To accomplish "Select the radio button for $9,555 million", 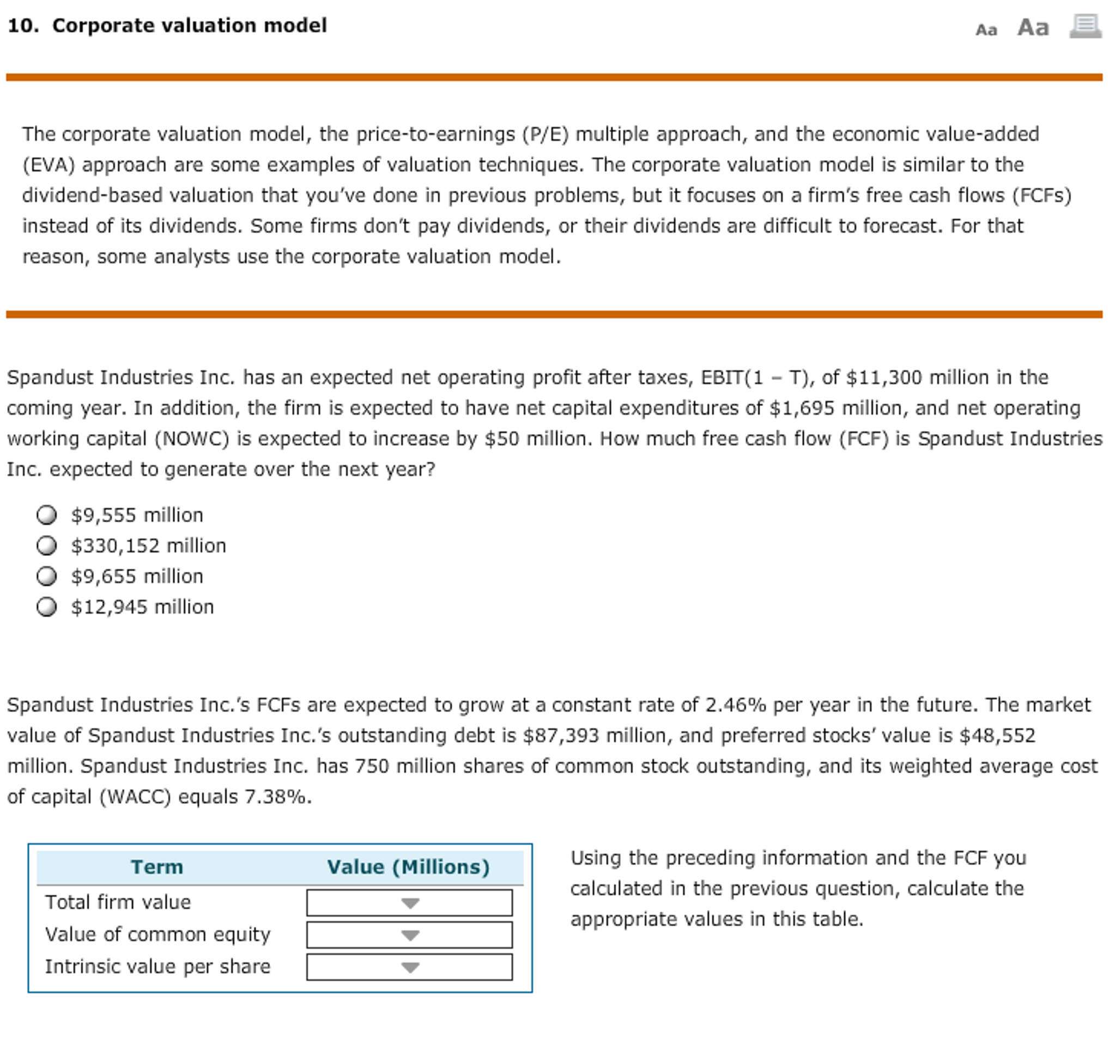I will pos(46,515).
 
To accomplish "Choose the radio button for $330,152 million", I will pos(46,545).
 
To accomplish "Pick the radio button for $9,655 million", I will pos(46,576).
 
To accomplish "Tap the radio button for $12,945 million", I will pos(46,607).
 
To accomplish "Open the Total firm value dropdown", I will pos(409,903).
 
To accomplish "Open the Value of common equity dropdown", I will pos(409,935).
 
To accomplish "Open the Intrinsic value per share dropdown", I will pos(409,967).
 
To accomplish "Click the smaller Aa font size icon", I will pos(986,30).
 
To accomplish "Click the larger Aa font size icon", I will pos(1033,27).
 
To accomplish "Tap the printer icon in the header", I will pos(1085,26).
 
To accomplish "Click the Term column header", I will pos(157,867).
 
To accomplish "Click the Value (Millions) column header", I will pos(408,867).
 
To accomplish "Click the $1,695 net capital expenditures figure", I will pos(802,408).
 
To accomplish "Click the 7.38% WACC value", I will pos(275,796).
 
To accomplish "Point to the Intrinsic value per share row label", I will pos(157,967).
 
